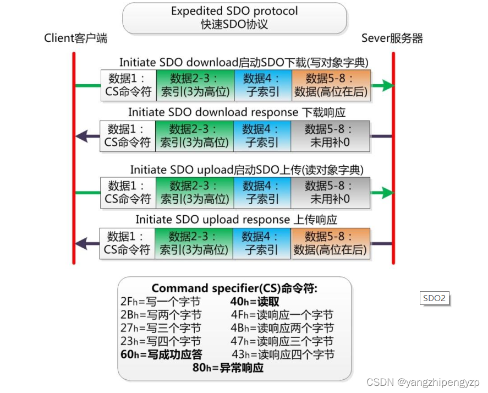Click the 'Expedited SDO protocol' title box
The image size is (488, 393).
234,18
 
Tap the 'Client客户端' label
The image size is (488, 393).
76,38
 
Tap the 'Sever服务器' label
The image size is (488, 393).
392,38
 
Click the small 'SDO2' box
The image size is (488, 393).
434,298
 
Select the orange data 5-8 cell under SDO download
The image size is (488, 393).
330,85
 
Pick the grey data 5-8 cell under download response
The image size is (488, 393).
330,136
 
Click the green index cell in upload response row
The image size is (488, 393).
194,243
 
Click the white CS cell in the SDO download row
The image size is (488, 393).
128,85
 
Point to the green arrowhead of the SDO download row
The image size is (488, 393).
387,85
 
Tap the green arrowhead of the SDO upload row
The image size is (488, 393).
387,192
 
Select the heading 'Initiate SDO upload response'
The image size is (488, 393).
237,220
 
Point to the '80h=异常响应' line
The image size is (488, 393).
228,368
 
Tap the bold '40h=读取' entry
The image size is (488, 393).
255,302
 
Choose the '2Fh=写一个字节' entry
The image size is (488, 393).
160,302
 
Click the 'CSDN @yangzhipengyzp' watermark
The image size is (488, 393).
423,382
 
